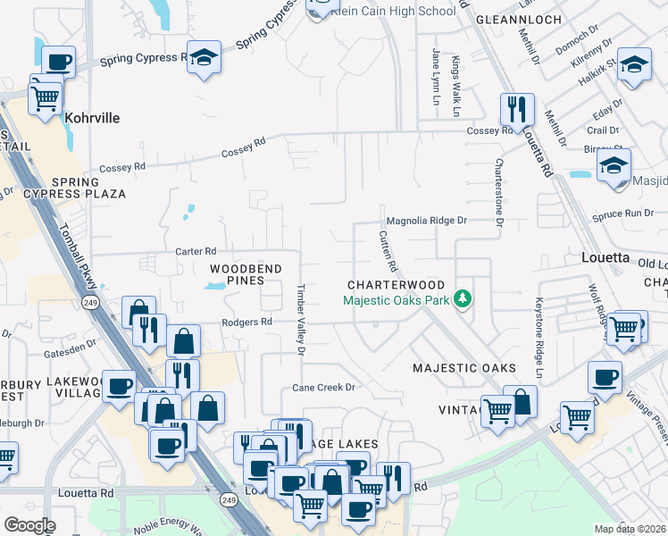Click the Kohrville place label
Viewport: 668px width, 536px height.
click(x=92, y=118)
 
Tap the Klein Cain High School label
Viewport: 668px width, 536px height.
click(x=393, y=12)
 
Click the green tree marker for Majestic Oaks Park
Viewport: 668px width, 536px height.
click(x=463, y=298)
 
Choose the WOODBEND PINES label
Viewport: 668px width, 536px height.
click(x=246, y=274)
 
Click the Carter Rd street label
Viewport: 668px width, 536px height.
click(x=196, y=252)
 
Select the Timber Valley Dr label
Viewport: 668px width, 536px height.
click(x=301, y=320)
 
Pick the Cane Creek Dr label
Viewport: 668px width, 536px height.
click(x=324, y=388)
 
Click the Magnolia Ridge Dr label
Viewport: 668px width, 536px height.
click(x=426, y=220)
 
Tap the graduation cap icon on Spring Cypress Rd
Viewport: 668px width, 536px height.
click(x=205, y=59)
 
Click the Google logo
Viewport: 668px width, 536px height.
click(x=29, y=525)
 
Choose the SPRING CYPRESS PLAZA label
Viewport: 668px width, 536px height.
click(x=76, y=188)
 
